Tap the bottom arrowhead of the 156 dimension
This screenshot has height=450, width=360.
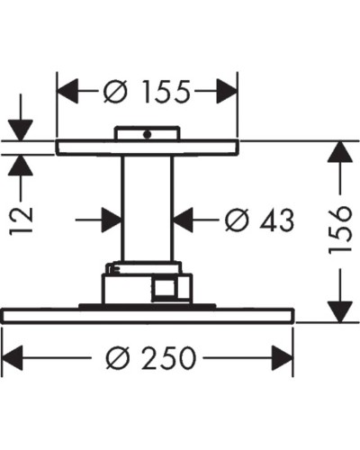pos(337,311)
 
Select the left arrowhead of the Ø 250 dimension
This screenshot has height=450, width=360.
pos(14,357)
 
